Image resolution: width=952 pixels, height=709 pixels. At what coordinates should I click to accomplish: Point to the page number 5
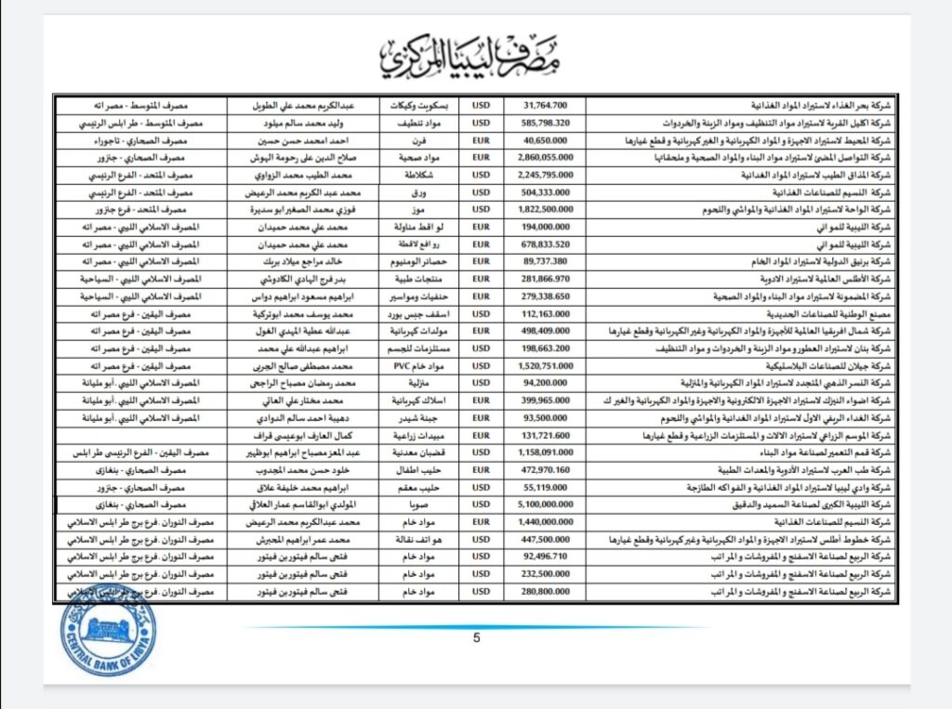(x=477, y=637)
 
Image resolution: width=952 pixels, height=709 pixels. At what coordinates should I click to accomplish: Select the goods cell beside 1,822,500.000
(x=417, y=210)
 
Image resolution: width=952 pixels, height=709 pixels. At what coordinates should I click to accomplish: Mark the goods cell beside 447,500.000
(x=417, y=540)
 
